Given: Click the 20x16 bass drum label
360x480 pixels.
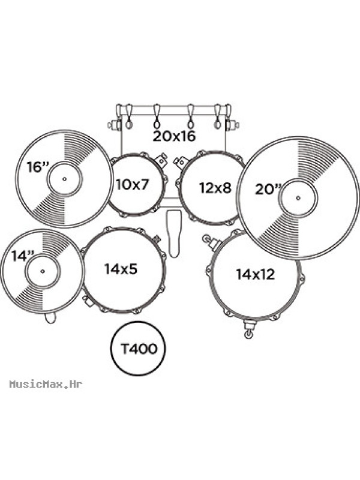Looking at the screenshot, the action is click(174, 136).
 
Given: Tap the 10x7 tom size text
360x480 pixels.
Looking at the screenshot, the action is click(132, 184).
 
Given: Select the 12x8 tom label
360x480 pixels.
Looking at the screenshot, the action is click(215, 187).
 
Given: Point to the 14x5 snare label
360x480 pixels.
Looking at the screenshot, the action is click(121, 268).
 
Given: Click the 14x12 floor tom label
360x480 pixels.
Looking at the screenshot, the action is click(256, 274).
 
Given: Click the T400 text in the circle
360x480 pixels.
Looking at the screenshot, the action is click(139, 349).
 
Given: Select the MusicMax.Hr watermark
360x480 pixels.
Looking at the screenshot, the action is click(46, 384).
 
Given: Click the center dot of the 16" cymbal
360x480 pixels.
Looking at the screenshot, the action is click(64, 179).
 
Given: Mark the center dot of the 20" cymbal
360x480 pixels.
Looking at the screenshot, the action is click(298, 198).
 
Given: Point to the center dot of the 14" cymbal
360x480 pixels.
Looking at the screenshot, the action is click(43, 271).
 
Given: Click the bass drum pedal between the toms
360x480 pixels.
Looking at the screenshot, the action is click(173, 233).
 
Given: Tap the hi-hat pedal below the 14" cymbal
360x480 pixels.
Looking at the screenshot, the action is click(50, 317).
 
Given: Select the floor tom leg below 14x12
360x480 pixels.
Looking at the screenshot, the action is click(248, 328).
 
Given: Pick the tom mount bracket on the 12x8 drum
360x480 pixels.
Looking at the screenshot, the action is click(181, 162).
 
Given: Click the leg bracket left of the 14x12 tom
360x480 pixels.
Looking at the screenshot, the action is click(211, 242).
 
